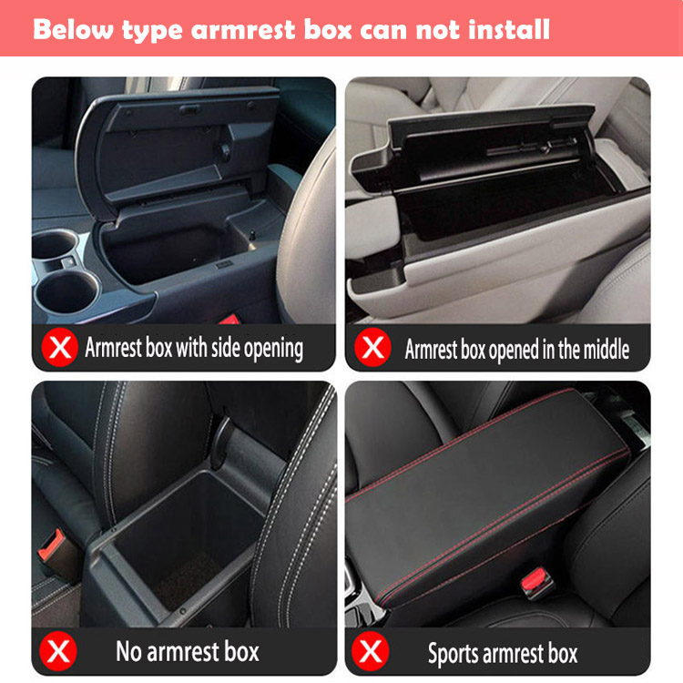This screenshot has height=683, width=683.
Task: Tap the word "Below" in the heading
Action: click(73, 30)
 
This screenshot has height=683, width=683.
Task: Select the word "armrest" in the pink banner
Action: click(243, 30)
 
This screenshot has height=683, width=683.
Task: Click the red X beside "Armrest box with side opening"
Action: click(60, 347)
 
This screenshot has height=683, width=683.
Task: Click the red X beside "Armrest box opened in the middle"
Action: click(372, 347)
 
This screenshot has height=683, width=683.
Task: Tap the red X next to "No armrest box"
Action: click(58, 651)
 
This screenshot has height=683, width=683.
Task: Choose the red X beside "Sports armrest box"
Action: click(371, 651)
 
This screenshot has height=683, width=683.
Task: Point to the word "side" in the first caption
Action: click(226, 348)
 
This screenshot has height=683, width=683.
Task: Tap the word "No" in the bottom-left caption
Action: click(128, 651)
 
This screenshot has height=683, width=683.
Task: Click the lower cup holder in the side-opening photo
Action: click(66, 292)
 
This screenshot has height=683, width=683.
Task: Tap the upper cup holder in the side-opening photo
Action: click(55, 245)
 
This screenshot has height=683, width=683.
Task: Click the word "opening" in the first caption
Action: click(273, 349)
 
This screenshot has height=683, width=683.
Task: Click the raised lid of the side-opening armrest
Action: click(174, 148)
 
